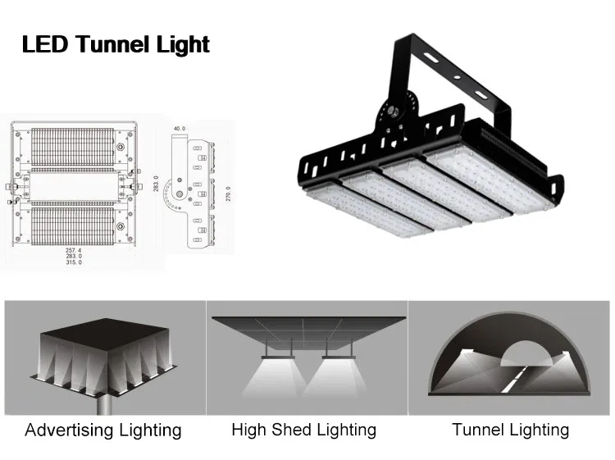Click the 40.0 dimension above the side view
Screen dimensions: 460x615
180,129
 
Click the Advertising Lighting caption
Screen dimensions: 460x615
102,430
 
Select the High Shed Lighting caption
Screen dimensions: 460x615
303,430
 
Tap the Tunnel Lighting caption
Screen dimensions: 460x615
510,430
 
